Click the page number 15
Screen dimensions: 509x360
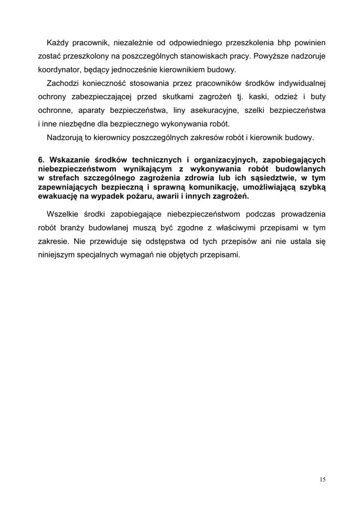pyautogui.click(x=323, y=480)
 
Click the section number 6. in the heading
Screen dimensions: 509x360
pyautogui.click(x=42, y=160)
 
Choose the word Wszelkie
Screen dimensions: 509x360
pyautogui.click(x=63, y=214)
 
